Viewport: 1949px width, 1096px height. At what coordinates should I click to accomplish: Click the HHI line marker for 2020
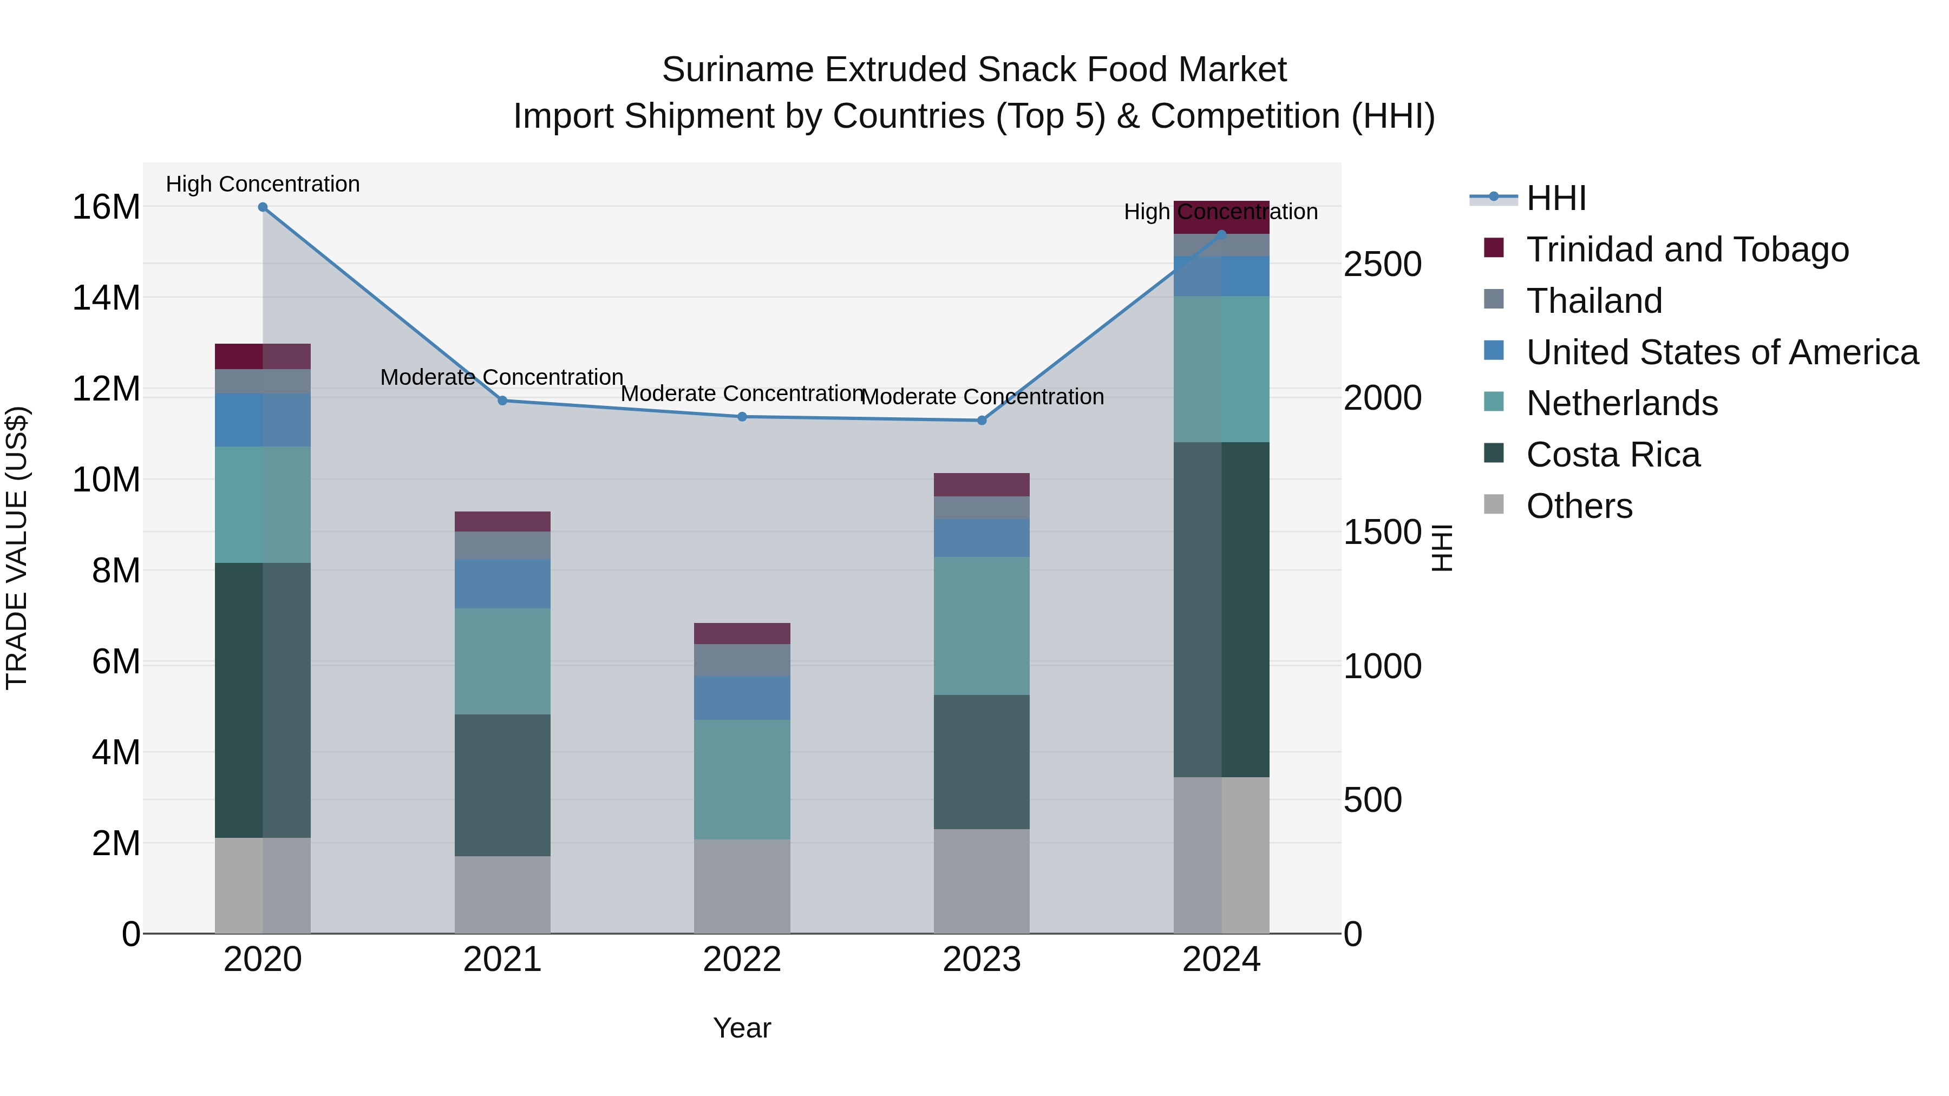click(263, 207)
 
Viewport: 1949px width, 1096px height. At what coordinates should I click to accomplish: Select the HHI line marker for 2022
click(742, 417)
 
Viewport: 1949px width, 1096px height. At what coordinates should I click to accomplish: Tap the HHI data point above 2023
click(982, 421)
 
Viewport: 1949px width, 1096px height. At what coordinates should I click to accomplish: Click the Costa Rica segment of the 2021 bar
click(502, 785)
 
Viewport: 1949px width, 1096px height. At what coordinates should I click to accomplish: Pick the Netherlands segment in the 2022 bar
click(742, 779)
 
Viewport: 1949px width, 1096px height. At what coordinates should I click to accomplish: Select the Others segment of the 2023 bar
click(982, 881)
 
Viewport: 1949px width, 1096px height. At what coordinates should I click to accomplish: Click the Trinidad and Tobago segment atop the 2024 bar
click(1221, 218)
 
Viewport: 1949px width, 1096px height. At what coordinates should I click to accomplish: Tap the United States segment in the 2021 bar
click(502, 584)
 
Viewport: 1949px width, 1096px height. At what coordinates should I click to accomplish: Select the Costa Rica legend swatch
click(1494, 454)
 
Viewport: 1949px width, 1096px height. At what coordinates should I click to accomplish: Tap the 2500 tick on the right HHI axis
click(1382, 265)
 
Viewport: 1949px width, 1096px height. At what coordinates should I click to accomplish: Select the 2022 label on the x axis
click(742, 960)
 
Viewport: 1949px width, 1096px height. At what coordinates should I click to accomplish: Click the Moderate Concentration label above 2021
click(502, 377)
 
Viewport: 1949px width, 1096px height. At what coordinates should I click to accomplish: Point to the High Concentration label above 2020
click(263, 184)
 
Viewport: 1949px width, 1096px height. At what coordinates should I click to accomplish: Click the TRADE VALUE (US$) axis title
click(17, 548)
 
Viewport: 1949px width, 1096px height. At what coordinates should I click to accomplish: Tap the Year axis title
click(742, 1028)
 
